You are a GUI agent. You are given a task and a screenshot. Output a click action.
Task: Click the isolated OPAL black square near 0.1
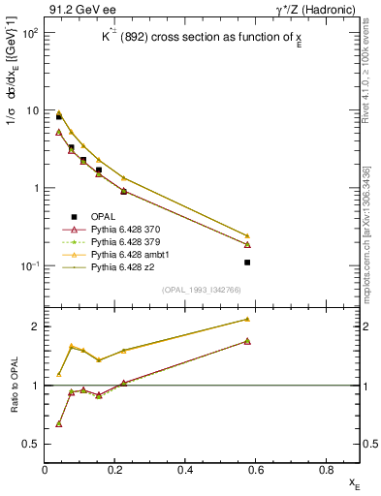(248, 263)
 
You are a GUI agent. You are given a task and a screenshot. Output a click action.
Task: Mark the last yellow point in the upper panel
(248, 235)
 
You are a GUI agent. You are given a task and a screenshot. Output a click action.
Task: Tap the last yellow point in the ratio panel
(248, 319)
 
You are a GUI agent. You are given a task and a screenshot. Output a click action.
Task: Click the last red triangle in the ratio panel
(248, 341)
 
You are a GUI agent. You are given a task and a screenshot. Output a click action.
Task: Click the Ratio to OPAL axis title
(13, 386)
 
